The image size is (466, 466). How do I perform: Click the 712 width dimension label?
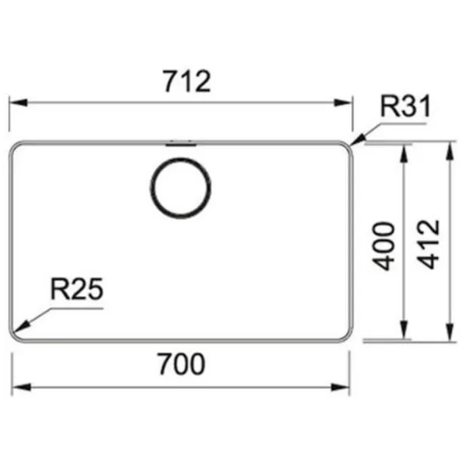click(187, 81)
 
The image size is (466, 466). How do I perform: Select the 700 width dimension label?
click(181, 363)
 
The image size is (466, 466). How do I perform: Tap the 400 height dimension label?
click(384, 246)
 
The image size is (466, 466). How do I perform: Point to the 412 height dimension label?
click(428, 245)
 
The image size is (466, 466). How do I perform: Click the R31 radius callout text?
click(405, 106)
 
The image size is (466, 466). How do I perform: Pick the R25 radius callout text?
click(77, 289)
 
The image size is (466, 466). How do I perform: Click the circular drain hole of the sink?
click(181, 189)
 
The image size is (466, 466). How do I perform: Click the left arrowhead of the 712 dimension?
click(19, 103)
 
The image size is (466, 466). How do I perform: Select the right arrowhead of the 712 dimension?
click(343, 103)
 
